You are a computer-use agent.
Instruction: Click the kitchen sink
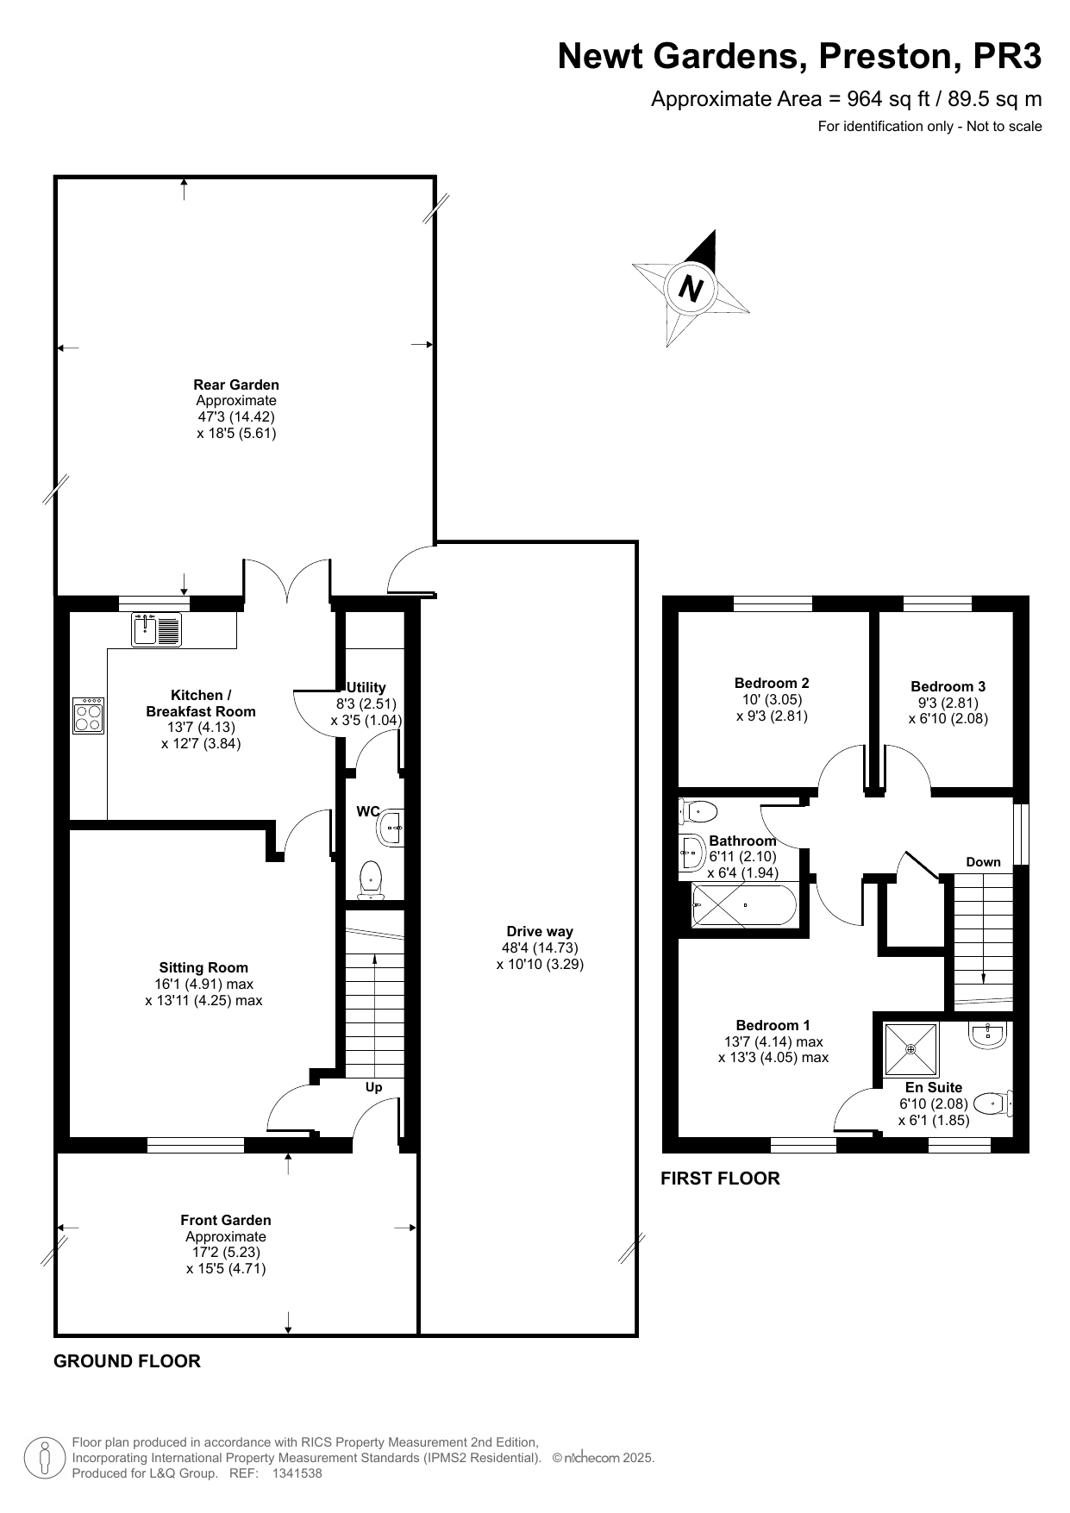click(x=157, y=629)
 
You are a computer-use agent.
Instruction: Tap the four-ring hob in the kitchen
click(x=89, y=715)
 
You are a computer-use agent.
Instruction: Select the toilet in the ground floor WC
click(x=371, y=879)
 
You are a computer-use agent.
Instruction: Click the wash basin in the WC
click(x=390, y=828)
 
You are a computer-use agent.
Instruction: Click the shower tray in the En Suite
click(x=911, y=1049)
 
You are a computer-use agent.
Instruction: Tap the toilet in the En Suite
click(x=992, y=1103)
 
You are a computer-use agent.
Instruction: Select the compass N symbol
click(x=691, y=287)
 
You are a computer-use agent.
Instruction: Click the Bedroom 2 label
click(x=772, y=683)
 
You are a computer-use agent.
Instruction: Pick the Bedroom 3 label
click(x=948, y=686)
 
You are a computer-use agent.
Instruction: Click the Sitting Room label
click(x=203, y=967)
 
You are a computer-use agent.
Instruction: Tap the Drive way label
click(x=540, y=931)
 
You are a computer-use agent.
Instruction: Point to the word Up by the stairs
click(x=373, y=1087)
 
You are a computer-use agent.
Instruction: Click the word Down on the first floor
click(x=983, y=862)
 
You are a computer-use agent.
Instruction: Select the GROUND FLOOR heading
click(x=127, y=1361)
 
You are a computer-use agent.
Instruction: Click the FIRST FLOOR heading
click(x=720, y=1179)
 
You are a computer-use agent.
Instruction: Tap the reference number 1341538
click(x=297, y=1473)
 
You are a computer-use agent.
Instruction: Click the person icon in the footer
click(x=44, y=1458)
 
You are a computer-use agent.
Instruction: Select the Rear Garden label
click(x=236, y=385)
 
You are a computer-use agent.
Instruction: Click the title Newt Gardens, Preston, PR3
click(x=799, y=56)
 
